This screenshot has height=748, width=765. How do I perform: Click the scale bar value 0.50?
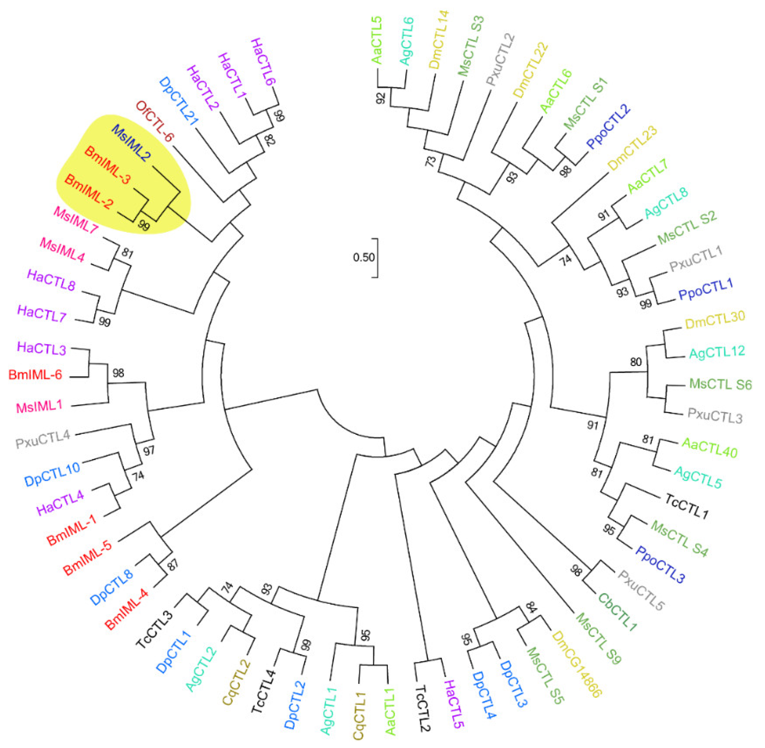[x=363, y=258]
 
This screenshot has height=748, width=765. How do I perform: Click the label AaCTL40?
[x=709, y=447]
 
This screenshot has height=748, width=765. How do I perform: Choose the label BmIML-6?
[x=35, y=375]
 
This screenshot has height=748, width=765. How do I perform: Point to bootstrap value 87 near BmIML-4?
[x=173, y=564]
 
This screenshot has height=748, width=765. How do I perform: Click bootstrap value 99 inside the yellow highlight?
[x=144, y=225]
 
